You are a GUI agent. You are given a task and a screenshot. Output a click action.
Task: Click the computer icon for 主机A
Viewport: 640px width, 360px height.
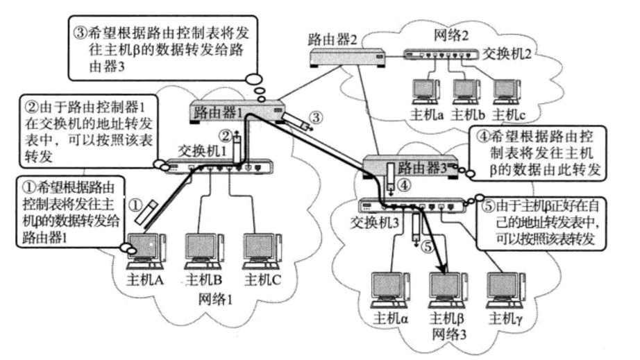click(x=146, y=249)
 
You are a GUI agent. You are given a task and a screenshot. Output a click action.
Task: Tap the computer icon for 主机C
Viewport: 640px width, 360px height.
click(x=262, y=249)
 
